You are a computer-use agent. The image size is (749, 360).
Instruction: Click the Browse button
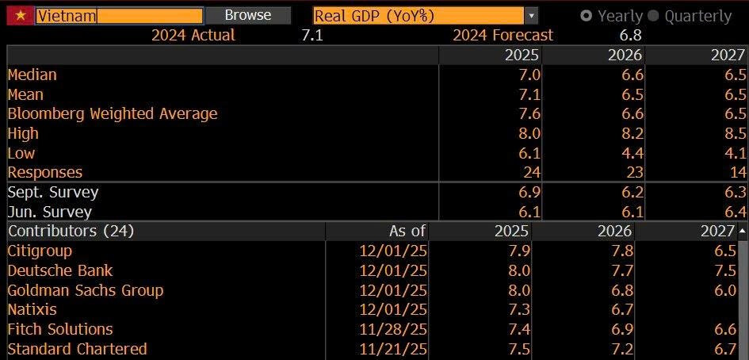pos(247,15)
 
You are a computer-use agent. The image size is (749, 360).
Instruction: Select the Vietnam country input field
pos(119,16)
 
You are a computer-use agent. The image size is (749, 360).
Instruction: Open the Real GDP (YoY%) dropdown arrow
pos(531,16)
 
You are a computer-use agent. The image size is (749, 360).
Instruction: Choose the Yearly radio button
pos(587,16)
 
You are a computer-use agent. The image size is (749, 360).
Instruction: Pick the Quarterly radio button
pos(653,16)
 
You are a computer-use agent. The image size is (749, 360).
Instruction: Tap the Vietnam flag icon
pos(20,16)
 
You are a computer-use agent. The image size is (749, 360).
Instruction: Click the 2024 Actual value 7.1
pos(312,35)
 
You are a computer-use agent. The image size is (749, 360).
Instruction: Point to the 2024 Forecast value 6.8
pos(631,35)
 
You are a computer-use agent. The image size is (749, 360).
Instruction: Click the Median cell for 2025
pos(529,75)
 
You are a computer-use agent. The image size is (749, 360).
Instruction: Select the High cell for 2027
pos(735,133)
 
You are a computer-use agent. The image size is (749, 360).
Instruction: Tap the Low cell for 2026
pos(632,153)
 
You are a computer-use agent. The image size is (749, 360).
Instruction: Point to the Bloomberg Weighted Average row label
pos(112,113)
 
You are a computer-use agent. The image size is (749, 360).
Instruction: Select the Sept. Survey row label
pos(52,192)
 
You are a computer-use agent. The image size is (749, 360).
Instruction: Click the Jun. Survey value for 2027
pos(735,212)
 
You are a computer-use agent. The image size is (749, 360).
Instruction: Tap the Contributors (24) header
pos(71,231)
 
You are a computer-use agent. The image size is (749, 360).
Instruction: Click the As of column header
pos(407,231)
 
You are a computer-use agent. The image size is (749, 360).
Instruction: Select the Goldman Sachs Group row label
pos(85,290)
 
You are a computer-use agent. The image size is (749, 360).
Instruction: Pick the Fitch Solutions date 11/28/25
pos(393,329)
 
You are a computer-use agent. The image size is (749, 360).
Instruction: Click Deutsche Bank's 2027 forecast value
pos(735,270)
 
